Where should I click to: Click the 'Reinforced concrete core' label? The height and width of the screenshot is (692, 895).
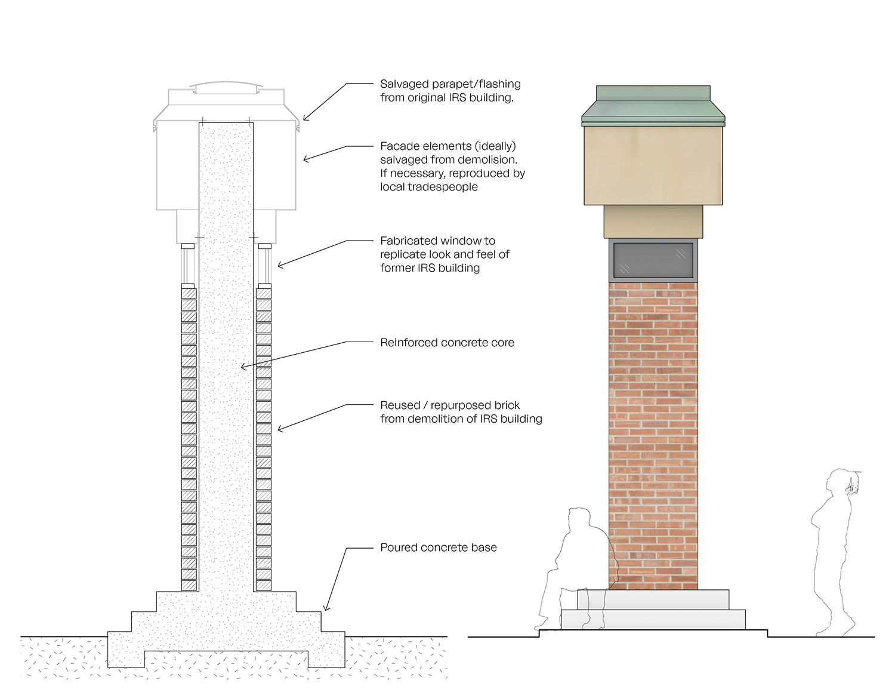click(x=447, y=343)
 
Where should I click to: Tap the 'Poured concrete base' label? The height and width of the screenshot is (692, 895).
click(x=439, y=548)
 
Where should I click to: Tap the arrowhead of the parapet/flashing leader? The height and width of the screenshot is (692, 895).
click(x=305, y=119)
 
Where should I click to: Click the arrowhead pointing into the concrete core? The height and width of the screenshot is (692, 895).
click(x=243, y=367)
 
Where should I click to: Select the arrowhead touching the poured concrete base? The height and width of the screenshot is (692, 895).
click(x=325, y=608)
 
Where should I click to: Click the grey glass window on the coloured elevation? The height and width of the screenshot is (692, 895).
click(x=653, y=260)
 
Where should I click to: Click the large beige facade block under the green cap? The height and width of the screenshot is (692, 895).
click(x=653, y=165)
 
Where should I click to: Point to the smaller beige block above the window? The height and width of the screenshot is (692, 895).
click(x=653, y=222)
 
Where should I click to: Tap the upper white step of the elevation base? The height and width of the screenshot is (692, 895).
click(x=653, y=599)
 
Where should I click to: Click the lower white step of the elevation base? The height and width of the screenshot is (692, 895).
click(x=653, y=619)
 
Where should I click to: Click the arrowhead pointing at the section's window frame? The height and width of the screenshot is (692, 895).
click(x=279, y=265)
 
